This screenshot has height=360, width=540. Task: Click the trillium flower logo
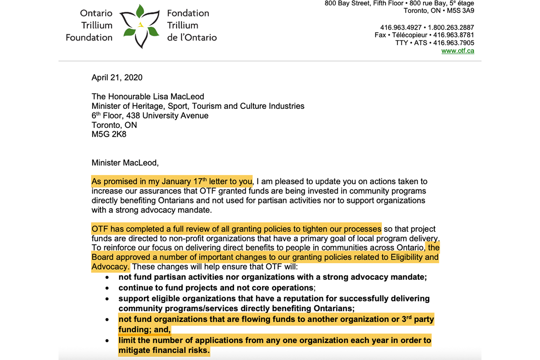[x=141, y=26]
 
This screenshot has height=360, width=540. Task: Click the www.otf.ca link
[x=458, y=51]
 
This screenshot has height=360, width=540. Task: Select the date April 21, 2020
[x=117, y=77]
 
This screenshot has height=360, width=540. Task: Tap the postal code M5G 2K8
[x=109, y=135]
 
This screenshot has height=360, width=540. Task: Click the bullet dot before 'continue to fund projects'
[x=107, y=288]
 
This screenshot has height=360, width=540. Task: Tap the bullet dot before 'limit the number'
[x=107, y=341]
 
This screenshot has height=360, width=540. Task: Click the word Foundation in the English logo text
[x=89, y=37]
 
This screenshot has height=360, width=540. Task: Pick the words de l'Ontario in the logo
[x=192, y=37]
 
